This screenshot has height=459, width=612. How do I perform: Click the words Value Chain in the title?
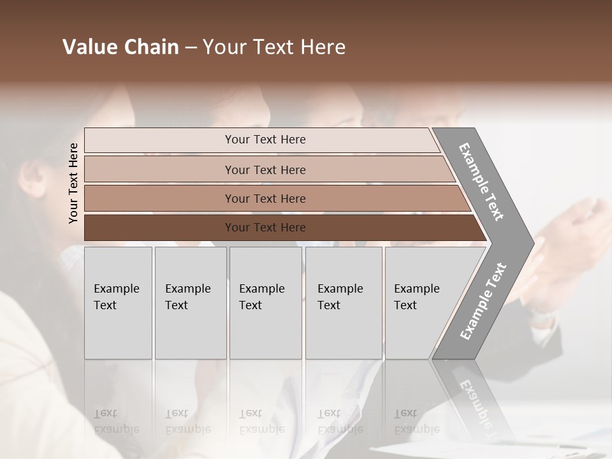pos(120,47)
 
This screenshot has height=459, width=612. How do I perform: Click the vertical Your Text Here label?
pos(73,184)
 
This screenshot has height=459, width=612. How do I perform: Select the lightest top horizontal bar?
pos(159,140)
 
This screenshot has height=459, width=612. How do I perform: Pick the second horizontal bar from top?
pos(159,170)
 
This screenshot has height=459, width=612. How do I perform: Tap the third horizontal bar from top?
pos(159,198)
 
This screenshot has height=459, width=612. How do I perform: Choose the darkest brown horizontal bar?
pos(159,228)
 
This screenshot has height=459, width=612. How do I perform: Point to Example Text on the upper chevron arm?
pos(481,182)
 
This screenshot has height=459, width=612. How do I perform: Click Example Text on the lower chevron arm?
pos(483,301)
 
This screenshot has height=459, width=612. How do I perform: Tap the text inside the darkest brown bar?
pos(265,228)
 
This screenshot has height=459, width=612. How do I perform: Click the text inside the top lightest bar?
pos(265,140)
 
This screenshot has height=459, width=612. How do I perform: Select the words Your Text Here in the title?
pos(274,47)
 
